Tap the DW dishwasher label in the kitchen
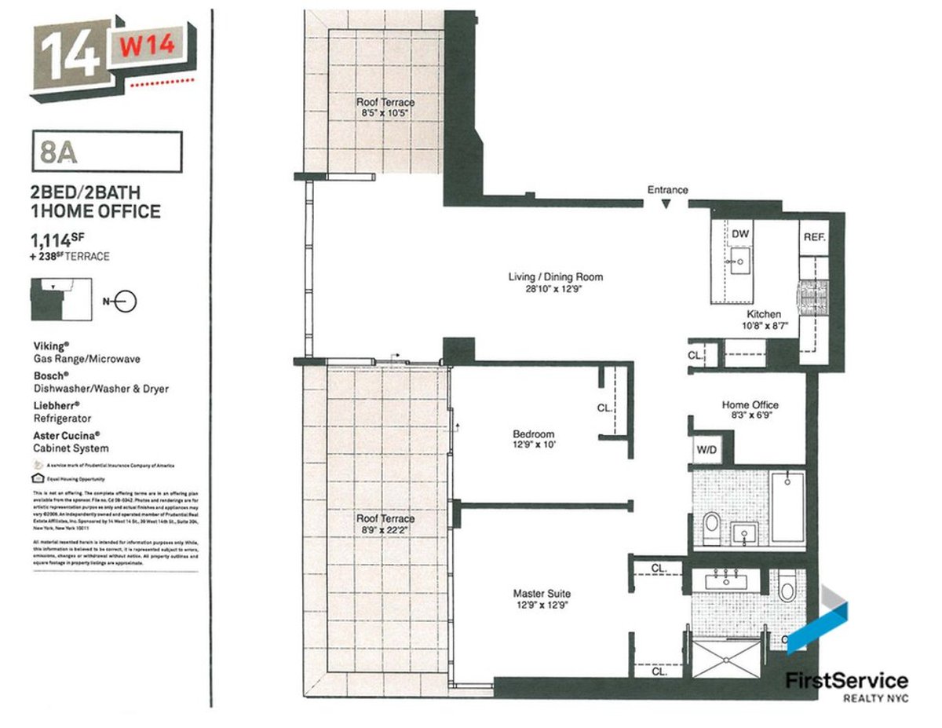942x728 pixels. pyautogui.click(x=739, y=234)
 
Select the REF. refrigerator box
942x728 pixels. pyautogui.click(x=812, y=236)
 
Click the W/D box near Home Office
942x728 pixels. pyautogui.click(x=705, y=451)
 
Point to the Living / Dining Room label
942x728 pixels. pyautogui.click(x=554, y=277)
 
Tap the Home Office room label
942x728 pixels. pyautogui.click(x=750, y=405)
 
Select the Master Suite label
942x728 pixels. pyautogui.click(x=542, y=594)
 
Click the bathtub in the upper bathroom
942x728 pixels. pyautogui.click(x=787, y=506)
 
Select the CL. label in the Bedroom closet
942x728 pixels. pyautogui.click(x=604, y=408)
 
